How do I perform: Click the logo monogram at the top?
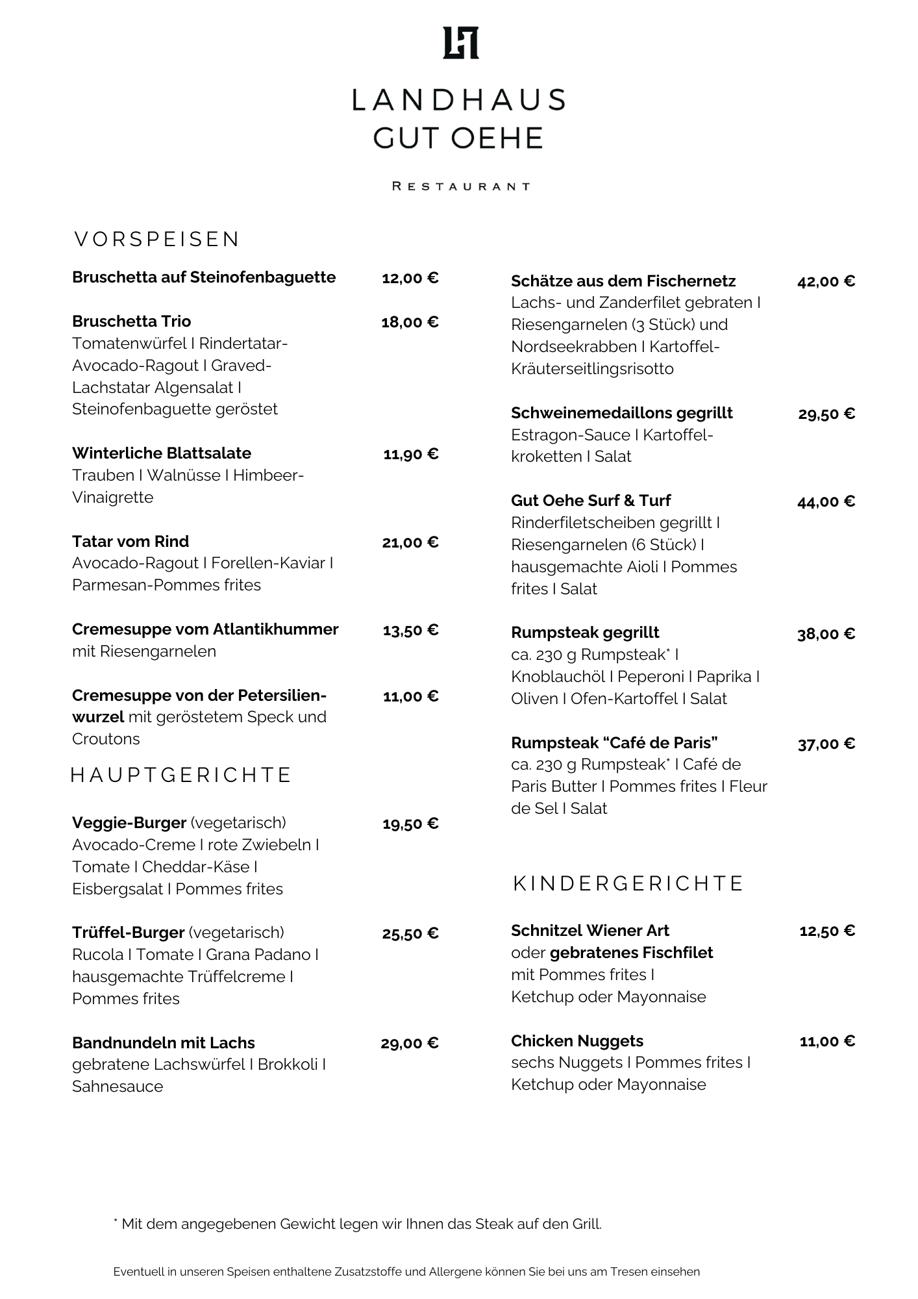[460, 43]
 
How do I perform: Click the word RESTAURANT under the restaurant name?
[460, 186]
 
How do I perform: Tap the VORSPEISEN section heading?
[156, 240]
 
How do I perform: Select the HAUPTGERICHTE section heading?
[181, 775]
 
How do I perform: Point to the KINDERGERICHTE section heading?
[628, 883]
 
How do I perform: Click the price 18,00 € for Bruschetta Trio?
[410, 322]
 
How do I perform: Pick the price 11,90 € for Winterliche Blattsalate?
[410, 454]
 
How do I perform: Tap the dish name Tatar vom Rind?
[130, 542]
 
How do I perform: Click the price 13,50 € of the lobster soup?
[410, 630]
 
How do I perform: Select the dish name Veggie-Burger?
[129, 823]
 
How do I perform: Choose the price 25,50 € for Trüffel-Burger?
[410, 934]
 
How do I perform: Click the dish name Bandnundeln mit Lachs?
[163, 1043]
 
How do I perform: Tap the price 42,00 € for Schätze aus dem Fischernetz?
[826, 281]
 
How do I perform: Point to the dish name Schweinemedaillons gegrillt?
[621, 413]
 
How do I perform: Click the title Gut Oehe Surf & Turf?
[590, 501]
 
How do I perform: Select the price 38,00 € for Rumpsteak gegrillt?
[826, 634]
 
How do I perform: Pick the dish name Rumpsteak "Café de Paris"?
[614, 742]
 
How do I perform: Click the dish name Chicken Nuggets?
[577, 1041]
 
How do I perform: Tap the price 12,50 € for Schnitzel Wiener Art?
[827, 931]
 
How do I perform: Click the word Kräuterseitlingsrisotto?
[592, 369]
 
